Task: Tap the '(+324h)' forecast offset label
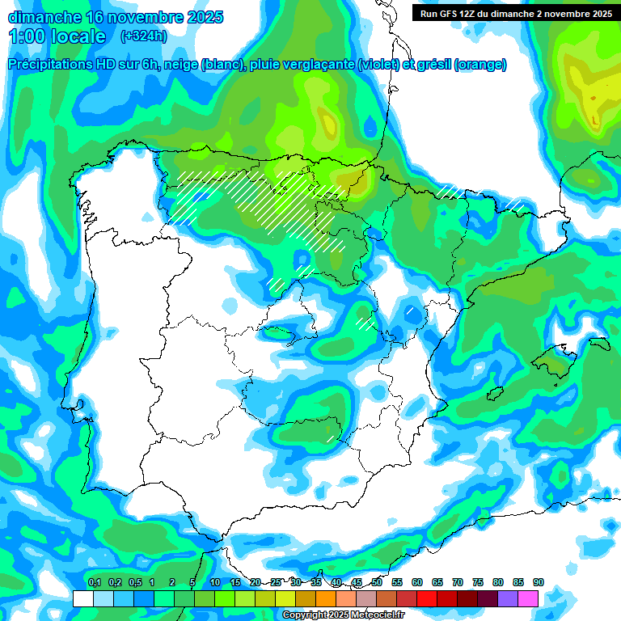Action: [x=143, y=36]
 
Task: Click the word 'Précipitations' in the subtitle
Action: [x=51, y=65]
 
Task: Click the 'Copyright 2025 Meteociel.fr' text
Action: [x=344, y=615]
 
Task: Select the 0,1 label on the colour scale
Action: [x=95, y=582]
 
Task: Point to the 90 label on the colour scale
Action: [x=538, y=582]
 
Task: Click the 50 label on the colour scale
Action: [x=377, y=582]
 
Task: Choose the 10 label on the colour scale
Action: [x=215, y=582]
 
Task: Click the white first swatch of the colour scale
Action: [x=82, y=598]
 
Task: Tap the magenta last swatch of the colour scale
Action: [x=527, y=598]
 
